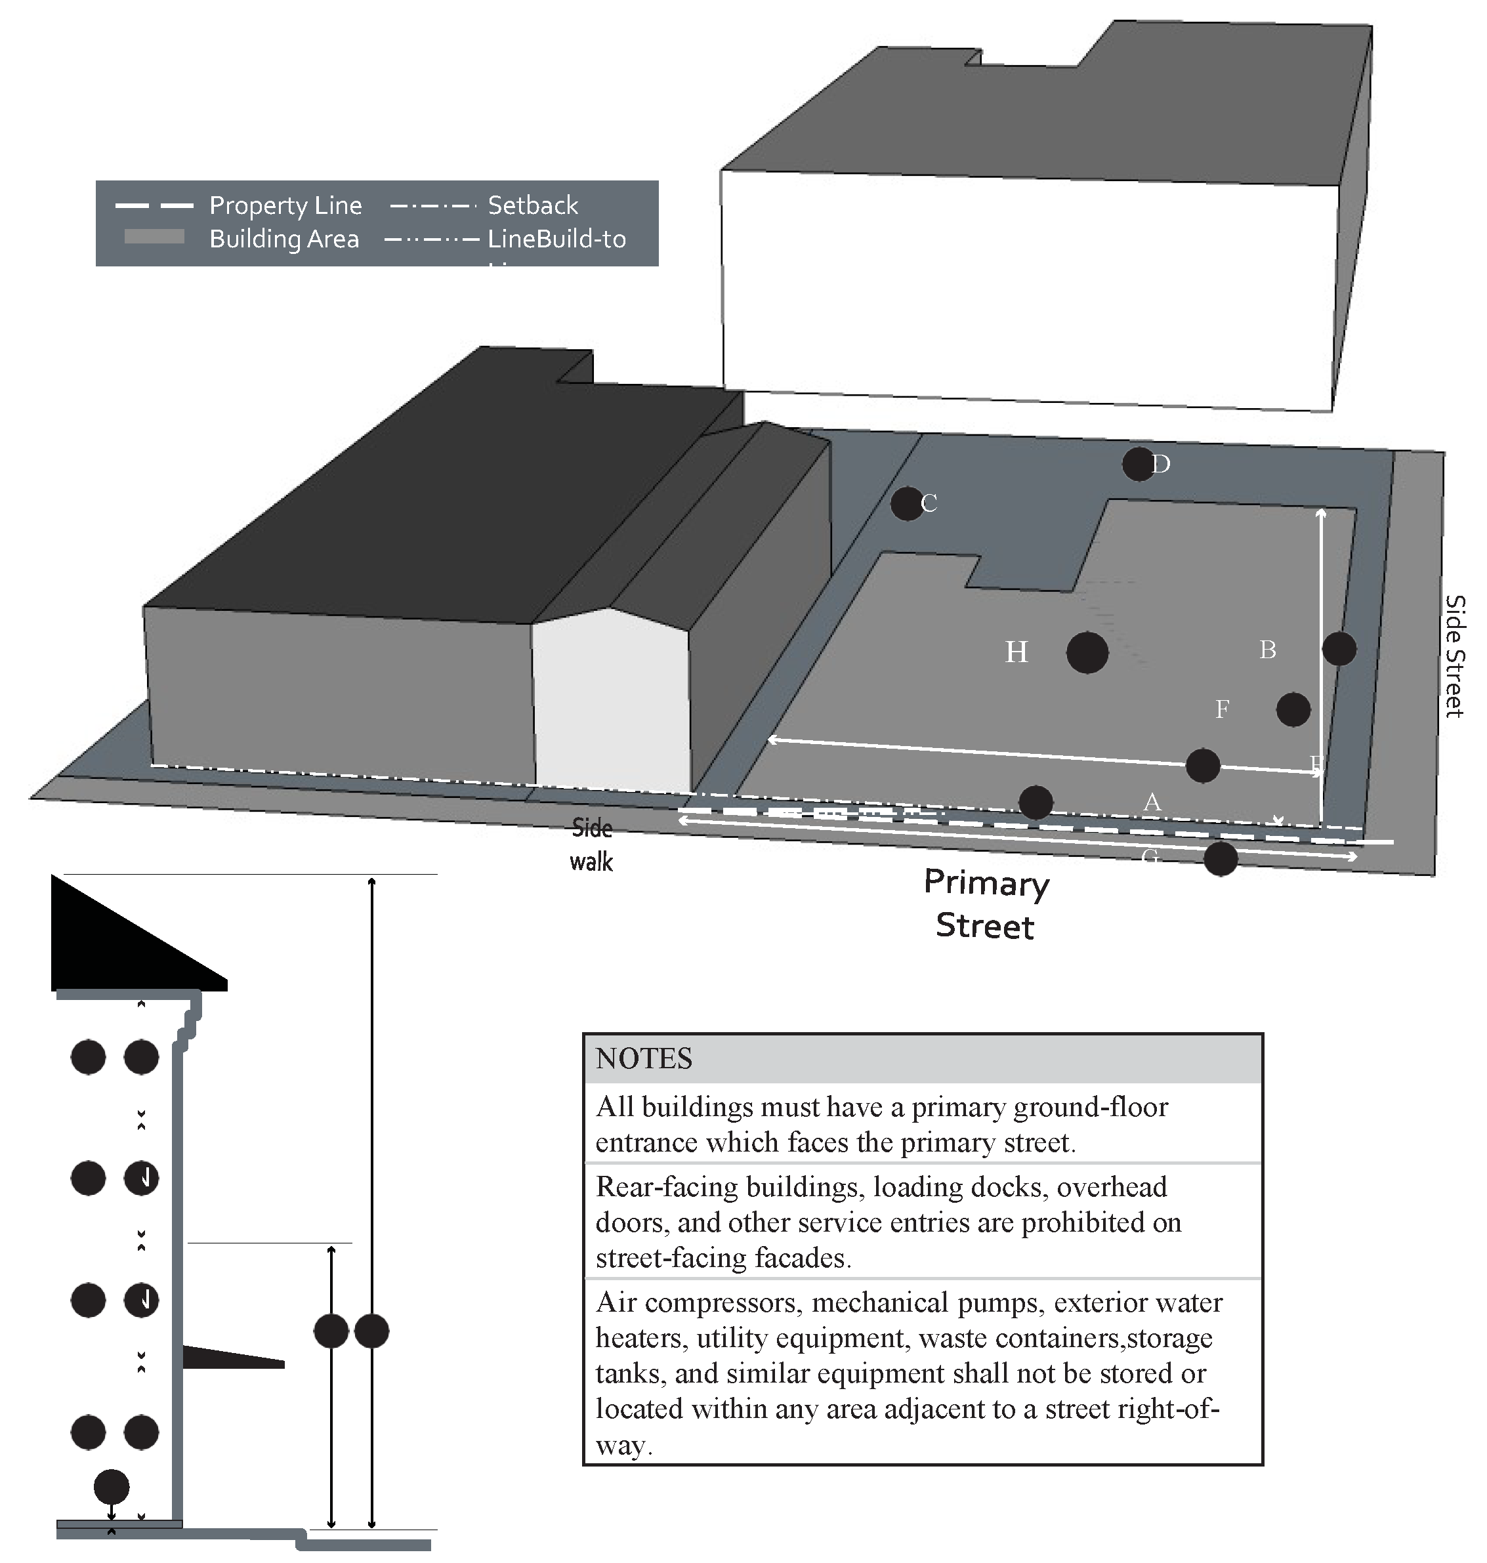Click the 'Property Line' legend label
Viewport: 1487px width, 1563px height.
tap(285, 205)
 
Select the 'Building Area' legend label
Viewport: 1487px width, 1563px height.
tap(283, 239)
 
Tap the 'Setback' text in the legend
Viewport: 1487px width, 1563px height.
tap(533, 205)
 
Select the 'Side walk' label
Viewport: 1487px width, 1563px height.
tap(591, 845)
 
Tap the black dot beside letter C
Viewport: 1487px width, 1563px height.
tap(907, 504)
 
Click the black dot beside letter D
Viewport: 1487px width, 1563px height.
tap(1139, 465)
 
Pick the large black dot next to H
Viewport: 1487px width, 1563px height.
tap(1087, 652)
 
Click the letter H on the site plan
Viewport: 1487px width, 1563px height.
tap(1016, 652)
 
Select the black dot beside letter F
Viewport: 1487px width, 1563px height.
tap(1293, 709)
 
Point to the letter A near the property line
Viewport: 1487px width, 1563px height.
tap(1152, 802)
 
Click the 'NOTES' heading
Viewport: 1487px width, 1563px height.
tap(644, 1059)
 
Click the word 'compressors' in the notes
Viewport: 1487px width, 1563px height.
tap(717, 1302)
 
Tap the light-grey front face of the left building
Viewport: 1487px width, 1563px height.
tap(610, 705)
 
